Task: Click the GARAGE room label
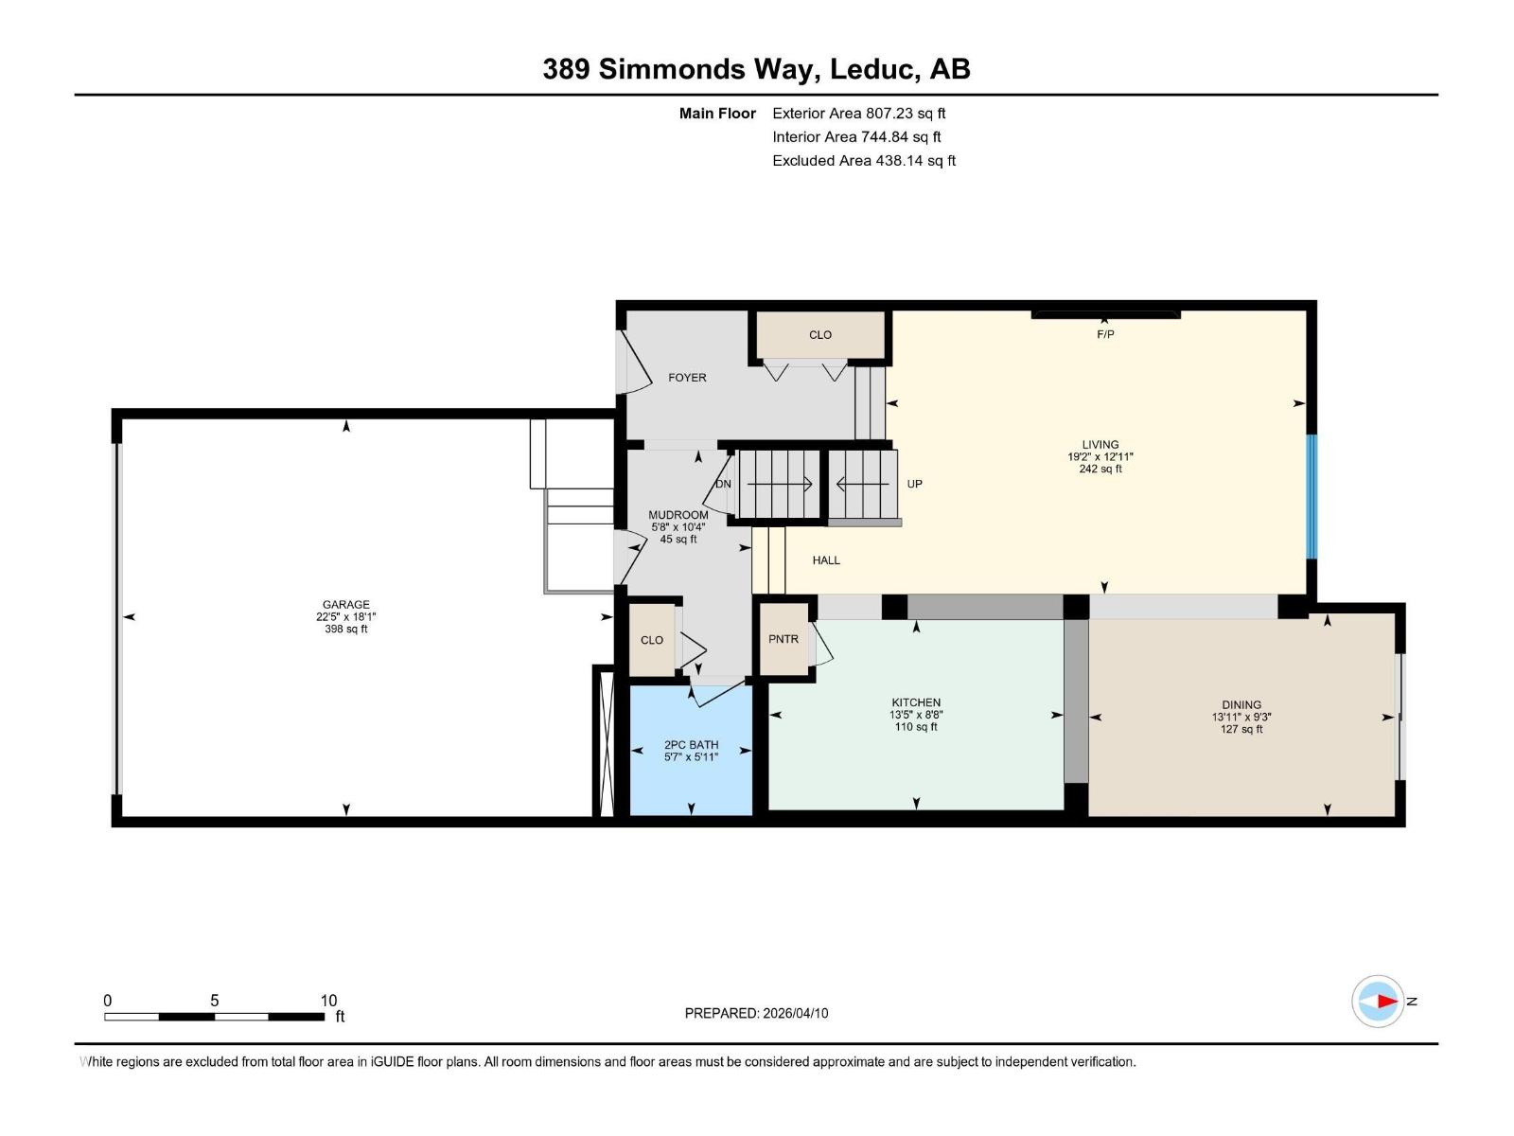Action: pyautogui.click(x=345, y=604)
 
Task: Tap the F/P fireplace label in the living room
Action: pyautogui.click(x=1105, y=334)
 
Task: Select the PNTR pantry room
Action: pyautogui.click(x=783, y=639)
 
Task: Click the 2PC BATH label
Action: pyautogui.click(x=691, y=745)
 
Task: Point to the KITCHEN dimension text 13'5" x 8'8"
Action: pyautogui.click(x=915, y=715)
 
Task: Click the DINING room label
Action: pyautogui.click(x=1241, y=704)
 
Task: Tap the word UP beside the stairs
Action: pyautogui.click(x=914, y=484)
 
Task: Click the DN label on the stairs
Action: pyautogui.click(x=724, y=484)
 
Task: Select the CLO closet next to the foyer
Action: pyautogui.click(x=820, y=334)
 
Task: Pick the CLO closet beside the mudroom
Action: pyautogui.click(x=652, y=640)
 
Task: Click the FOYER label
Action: pyautogui.click(x=687, y=377)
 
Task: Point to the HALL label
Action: pyautogui.click(x=826, y=560)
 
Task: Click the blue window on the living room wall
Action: pyautogui.click(x=1312, y=495)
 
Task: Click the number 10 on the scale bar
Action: pyautogui.click(x=328, y=1001)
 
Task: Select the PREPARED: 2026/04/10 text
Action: pyautogui.click(x=756, y=1013)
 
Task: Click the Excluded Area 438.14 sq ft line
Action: pyautogui.click(x=863, y=161)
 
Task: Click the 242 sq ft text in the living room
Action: pyautogui.click(x=1100, y=469)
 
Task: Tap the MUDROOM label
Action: pyautogui.click(x=678, y=515)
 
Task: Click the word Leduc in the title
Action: pyautogui.click(x=875, y=69)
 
